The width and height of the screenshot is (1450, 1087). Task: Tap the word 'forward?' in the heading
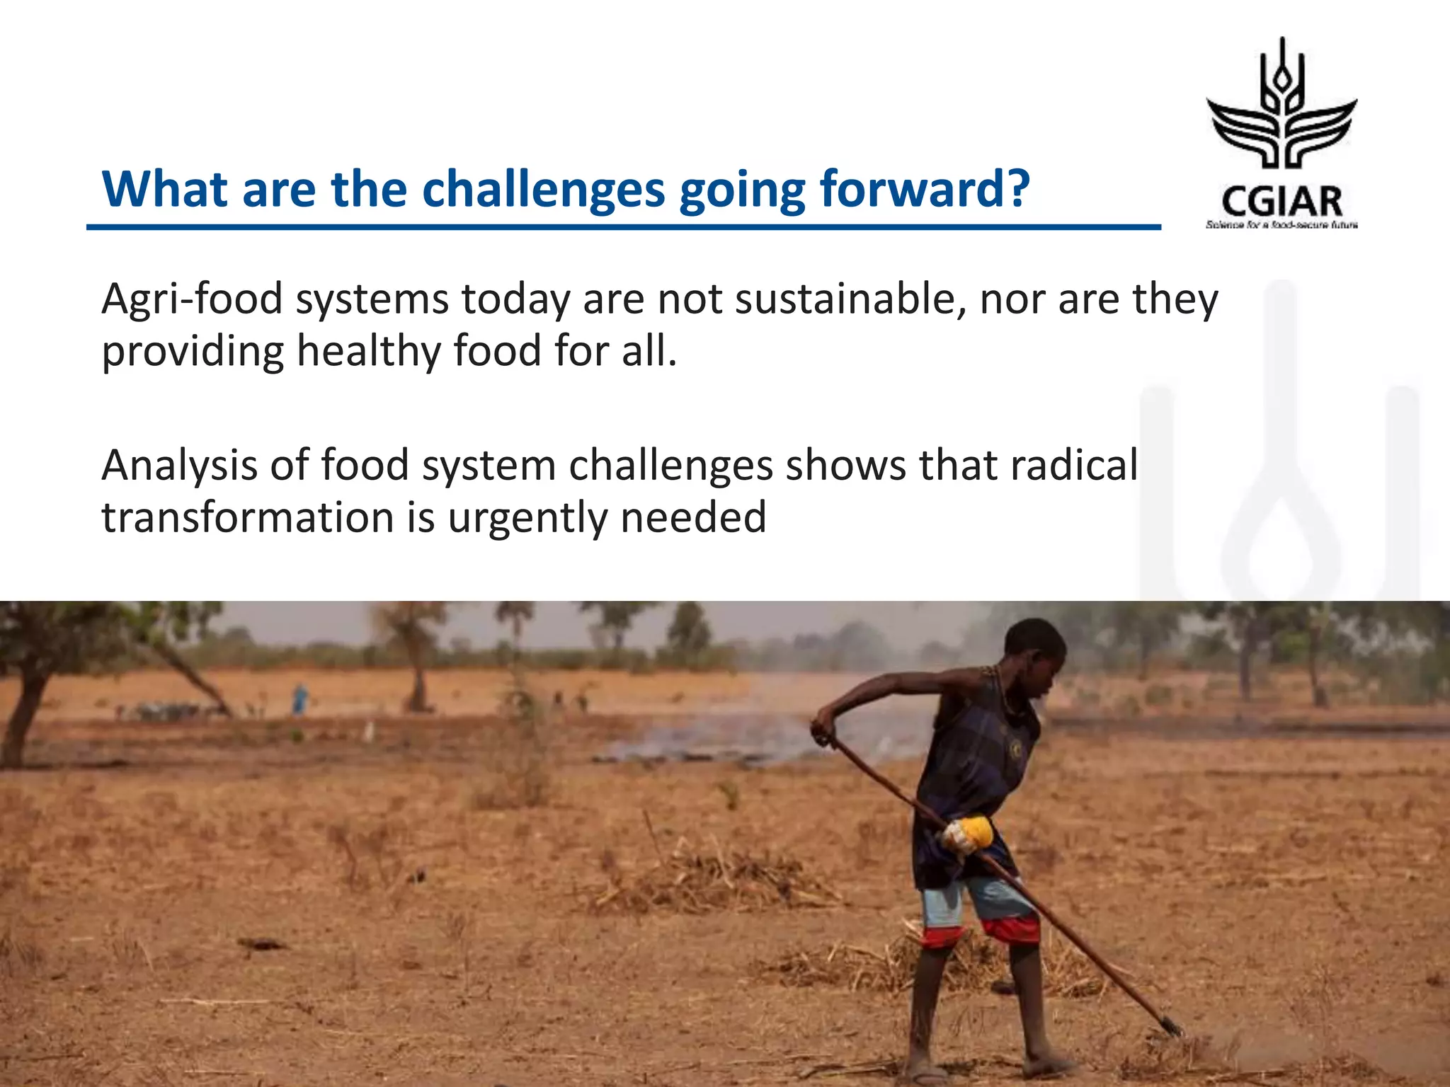(924, 190)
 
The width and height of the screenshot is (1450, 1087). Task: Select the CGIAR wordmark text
(1281, 202)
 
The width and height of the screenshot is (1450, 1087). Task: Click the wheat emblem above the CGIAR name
(1281, 106)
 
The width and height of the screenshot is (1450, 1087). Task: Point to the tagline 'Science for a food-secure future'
(1281, 225)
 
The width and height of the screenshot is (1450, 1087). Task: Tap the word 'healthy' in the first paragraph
(368, 352)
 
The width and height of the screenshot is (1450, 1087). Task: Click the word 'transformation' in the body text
(246, 517)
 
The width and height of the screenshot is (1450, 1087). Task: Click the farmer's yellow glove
(968, 833)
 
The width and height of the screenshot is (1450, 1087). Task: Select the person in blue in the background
(300, 698)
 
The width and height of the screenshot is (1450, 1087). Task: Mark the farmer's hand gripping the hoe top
(822, 732)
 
